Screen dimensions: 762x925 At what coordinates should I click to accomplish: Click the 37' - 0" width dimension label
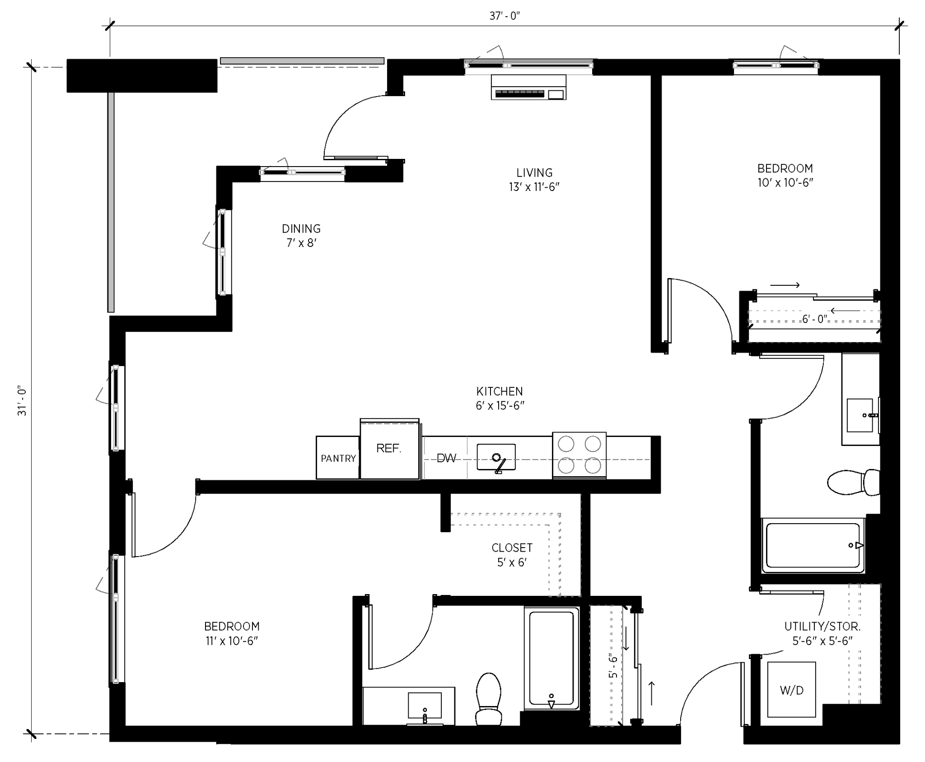coord(505,16)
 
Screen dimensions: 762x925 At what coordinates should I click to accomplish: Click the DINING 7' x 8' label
coord(301,235)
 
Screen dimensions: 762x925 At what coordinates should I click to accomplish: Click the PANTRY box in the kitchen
coord(338,458)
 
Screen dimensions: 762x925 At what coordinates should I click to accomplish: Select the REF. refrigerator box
coord(389,449)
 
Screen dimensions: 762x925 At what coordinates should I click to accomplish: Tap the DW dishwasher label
coord(446,458)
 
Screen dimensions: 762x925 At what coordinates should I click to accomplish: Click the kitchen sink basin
coord(496,457)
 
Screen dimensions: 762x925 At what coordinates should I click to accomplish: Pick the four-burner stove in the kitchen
coord(579,455)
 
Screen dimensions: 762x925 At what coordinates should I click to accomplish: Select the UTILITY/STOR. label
coord(822,627)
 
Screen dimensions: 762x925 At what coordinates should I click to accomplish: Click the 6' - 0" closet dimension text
coord(814,319)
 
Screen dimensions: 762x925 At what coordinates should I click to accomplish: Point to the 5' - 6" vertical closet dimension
coord(613,666)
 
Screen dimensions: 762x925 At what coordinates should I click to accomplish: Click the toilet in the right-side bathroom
coord(854,482)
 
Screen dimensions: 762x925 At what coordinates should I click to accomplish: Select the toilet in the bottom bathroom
coord(489,700)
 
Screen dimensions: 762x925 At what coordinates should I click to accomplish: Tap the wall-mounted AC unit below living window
coord(528,87)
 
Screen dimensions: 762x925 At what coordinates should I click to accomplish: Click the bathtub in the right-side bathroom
coord(813,545)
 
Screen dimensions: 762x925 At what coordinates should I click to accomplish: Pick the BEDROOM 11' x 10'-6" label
coord(232,633)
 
